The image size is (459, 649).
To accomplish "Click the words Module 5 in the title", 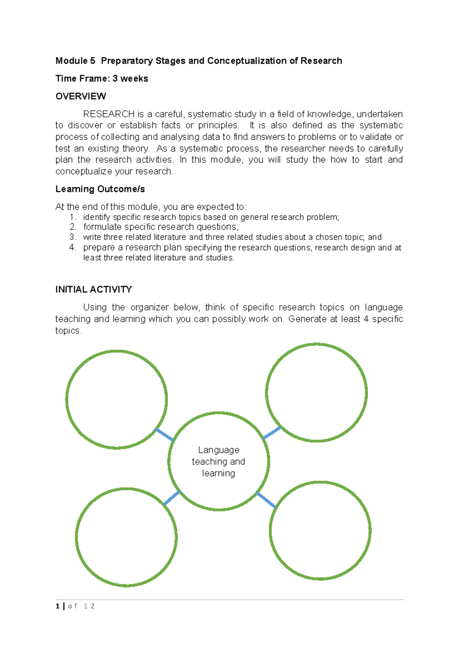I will click(x=75, y=61).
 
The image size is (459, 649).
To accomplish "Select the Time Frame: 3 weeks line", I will click(x=102, y=79).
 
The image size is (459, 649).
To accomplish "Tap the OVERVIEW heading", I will click(x=81, y=96).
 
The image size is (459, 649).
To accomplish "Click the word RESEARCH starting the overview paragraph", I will click(x=109, y=114).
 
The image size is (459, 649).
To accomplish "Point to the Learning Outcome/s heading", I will click(x=100, y=189).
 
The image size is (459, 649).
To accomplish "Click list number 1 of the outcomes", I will click(x=73, y=217).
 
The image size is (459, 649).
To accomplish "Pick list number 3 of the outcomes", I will click(x=73, y=237).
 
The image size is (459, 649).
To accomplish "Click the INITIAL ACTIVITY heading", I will click(x=93, y=290).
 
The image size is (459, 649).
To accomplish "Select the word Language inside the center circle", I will click(x=218, y=450).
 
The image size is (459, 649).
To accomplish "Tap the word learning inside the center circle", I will click(x=218, y=474).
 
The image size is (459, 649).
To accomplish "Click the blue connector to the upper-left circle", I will click(x=165, y=435).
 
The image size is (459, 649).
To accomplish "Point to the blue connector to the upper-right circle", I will click(x=272, y=433).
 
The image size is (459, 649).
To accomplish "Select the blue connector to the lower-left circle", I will click(x=172, y=498).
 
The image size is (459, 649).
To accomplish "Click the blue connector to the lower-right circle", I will click(x=266, y=500).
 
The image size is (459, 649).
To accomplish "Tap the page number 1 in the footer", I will click(x=57, y=606).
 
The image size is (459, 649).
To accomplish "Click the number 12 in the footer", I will click(x=89, y=606).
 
